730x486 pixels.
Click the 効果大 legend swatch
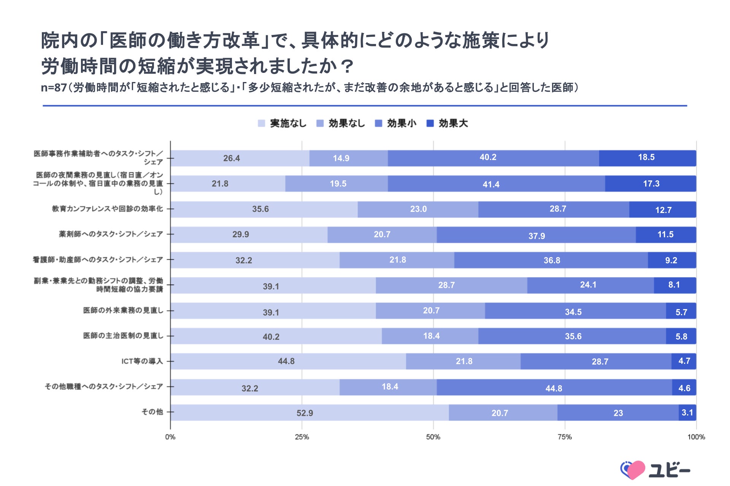(430, 123)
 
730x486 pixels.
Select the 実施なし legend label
(288, 123)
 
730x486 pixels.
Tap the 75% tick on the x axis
(565, 437)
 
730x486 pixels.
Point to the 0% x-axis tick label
(170, 437)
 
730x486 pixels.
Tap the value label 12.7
(663, 210)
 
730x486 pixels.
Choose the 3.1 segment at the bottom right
(687, 413)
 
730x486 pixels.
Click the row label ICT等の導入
(142, 361)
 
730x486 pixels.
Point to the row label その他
(152, 412)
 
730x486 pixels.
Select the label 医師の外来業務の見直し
(123, 311)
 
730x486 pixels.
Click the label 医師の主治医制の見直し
(123, 336)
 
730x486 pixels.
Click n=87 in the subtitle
(54, 88)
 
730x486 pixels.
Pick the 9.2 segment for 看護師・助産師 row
(671, 260)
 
